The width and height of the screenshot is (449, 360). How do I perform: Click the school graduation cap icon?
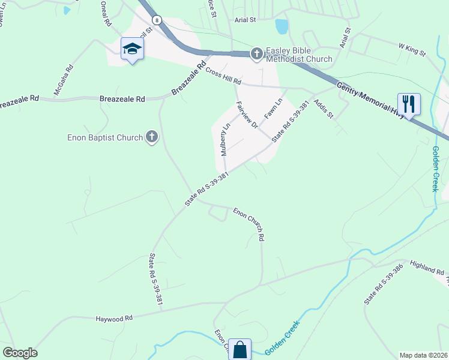coord(132,49)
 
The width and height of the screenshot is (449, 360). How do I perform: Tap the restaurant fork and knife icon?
coord(409,104)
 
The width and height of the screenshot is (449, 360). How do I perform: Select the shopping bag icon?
coord(240,349)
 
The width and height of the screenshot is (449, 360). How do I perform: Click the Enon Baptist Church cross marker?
coord(152,137)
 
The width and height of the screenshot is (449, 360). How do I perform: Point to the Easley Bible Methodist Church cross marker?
coord(256,54)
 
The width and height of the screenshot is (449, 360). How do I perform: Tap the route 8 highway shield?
coord(157,20)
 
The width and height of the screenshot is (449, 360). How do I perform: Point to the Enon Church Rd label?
coord(249,224)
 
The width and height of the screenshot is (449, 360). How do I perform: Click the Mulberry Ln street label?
coord(225,140)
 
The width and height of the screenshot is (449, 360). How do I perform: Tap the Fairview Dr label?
coord(247,115)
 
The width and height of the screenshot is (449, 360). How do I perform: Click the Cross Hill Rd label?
coord(223,76)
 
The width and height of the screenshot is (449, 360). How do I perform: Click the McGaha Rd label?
coord(64,79)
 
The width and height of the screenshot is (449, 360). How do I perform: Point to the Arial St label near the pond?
coord(245,20)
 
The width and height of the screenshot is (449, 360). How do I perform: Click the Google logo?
coord(20,353)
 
